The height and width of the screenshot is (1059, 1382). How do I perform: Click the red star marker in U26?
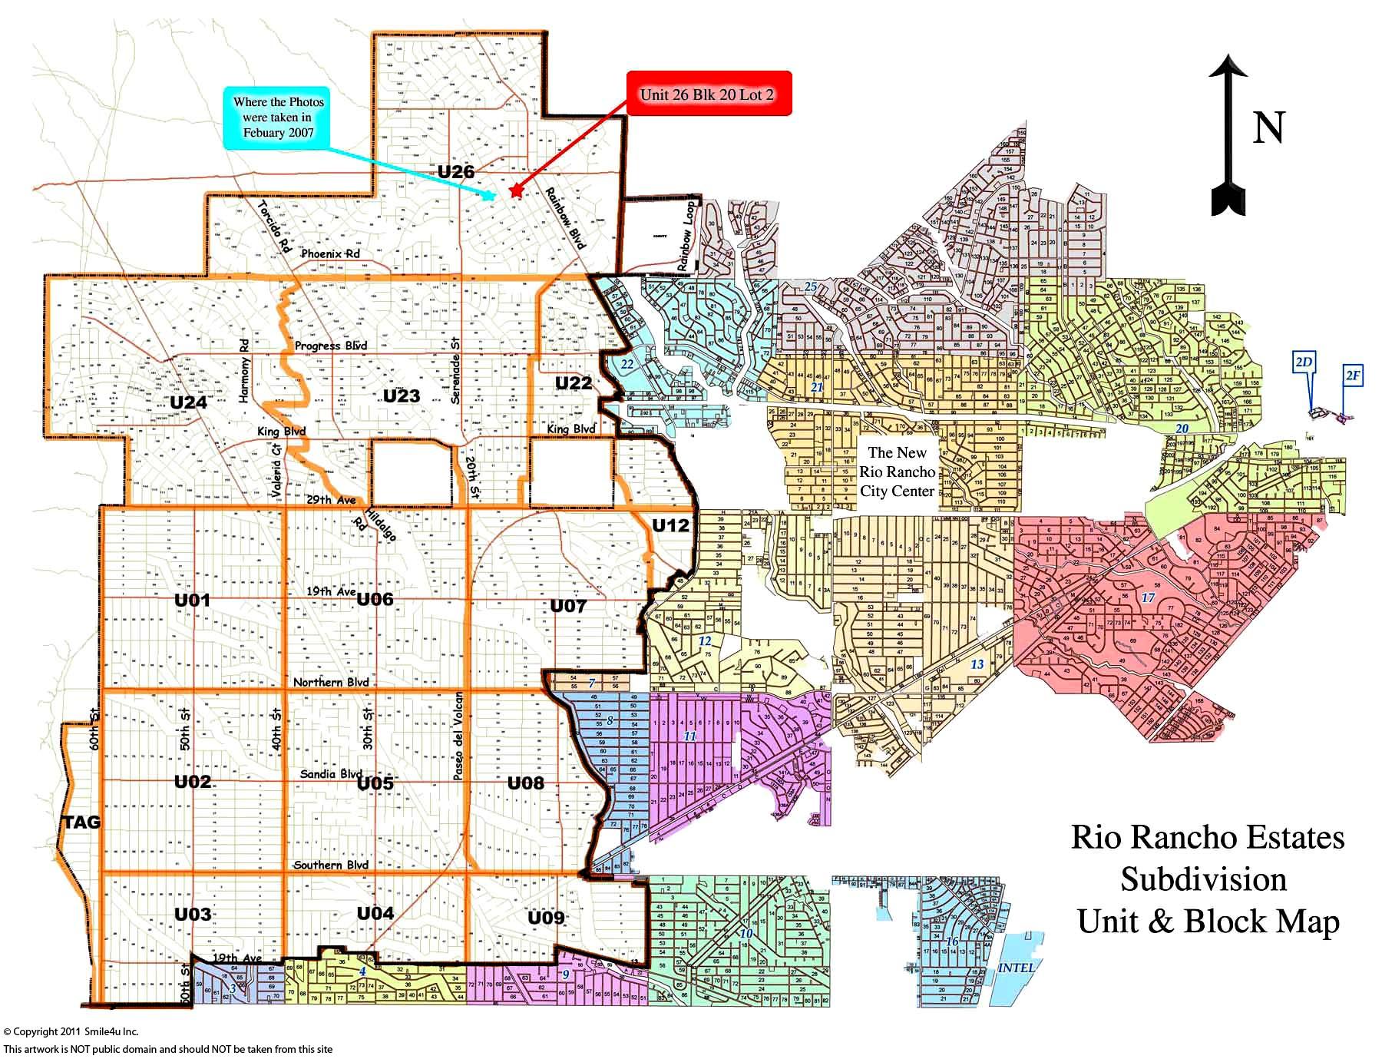pyautogui.click(x=515, y=191)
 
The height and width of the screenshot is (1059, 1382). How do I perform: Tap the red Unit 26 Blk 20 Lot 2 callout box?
pyautogui.click(x=708, y=94)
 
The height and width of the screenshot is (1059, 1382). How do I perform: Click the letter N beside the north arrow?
pyautogui.click(x=1268, y=128)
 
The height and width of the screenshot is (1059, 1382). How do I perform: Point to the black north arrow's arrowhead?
pyautogui.click(x=1228, y=72)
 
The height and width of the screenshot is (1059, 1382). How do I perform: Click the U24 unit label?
pyautogui.click(x=188, y=402)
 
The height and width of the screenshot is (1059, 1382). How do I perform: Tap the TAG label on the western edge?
pyautogui.click(x=81, y=822)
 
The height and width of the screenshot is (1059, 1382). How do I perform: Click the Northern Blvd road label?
pyautogui.click(x=331, y=683)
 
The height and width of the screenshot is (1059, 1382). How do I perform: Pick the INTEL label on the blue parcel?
pyautogui.click(x=1016, y=968)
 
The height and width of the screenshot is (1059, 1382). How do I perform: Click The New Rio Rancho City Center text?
pyautogui.click(x=897, y=472)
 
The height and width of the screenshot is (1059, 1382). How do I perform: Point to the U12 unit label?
pyautogui.click(x=672, y=525)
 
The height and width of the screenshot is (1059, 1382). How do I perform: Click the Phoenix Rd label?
pyautogui.click(x=330, y=253)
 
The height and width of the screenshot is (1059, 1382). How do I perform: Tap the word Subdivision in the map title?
pyautogui.click(x=1203, y=879)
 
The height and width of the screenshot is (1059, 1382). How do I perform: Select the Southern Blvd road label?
pyautogui.click(x=331, y=865)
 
